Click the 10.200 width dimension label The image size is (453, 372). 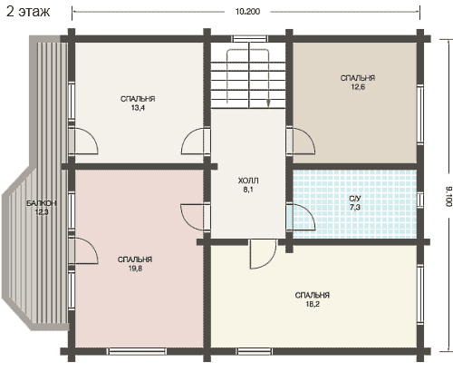pos(247,12)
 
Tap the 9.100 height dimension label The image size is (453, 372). pos(448,197)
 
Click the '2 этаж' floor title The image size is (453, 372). pos(28,12)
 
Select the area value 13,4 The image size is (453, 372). pos(138,108)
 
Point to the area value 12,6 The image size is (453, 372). pos(358,87)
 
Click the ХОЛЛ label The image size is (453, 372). pos(248,181)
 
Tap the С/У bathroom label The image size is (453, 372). pos(355,199)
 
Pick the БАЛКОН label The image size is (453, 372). pos(42,203)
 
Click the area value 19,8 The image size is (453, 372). pos(135,269)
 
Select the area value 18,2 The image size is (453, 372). pos(313,304)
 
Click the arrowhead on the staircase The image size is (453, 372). pos(268,103)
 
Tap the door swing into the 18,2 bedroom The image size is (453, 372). pos(263,254)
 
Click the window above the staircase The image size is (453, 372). pos(249,39)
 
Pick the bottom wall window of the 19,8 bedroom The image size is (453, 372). pos(138,351)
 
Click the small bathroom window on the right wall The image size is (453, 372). pos(420,200)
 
